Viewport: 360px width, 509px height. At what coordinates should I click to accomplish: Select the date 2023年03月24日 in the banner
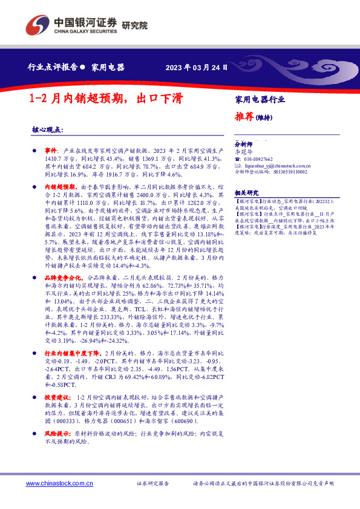point(197,67)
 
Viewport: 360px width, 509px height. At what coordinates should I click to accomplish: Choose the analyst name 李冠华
point(242,152)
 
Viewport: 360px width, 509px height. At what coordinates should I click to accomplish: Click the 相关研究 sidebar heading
point(244,190)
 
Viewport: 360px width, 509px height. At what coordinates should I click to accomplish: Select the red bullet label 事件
point(51,149)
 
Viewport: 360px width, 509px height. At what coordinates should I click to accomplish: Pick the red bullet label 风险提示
point(57,451)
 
